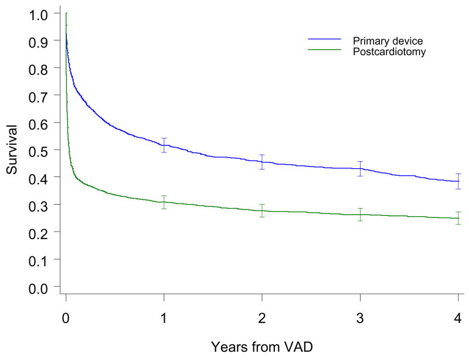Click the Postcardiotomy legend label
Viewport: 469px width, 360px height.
(389, 52)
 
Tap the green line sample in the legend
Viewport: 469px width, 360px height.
(325, 51)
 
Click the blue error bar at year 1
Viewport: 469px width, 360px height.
(164, 145)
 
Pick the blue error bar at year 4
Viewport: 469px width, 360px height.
(458, 181)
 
